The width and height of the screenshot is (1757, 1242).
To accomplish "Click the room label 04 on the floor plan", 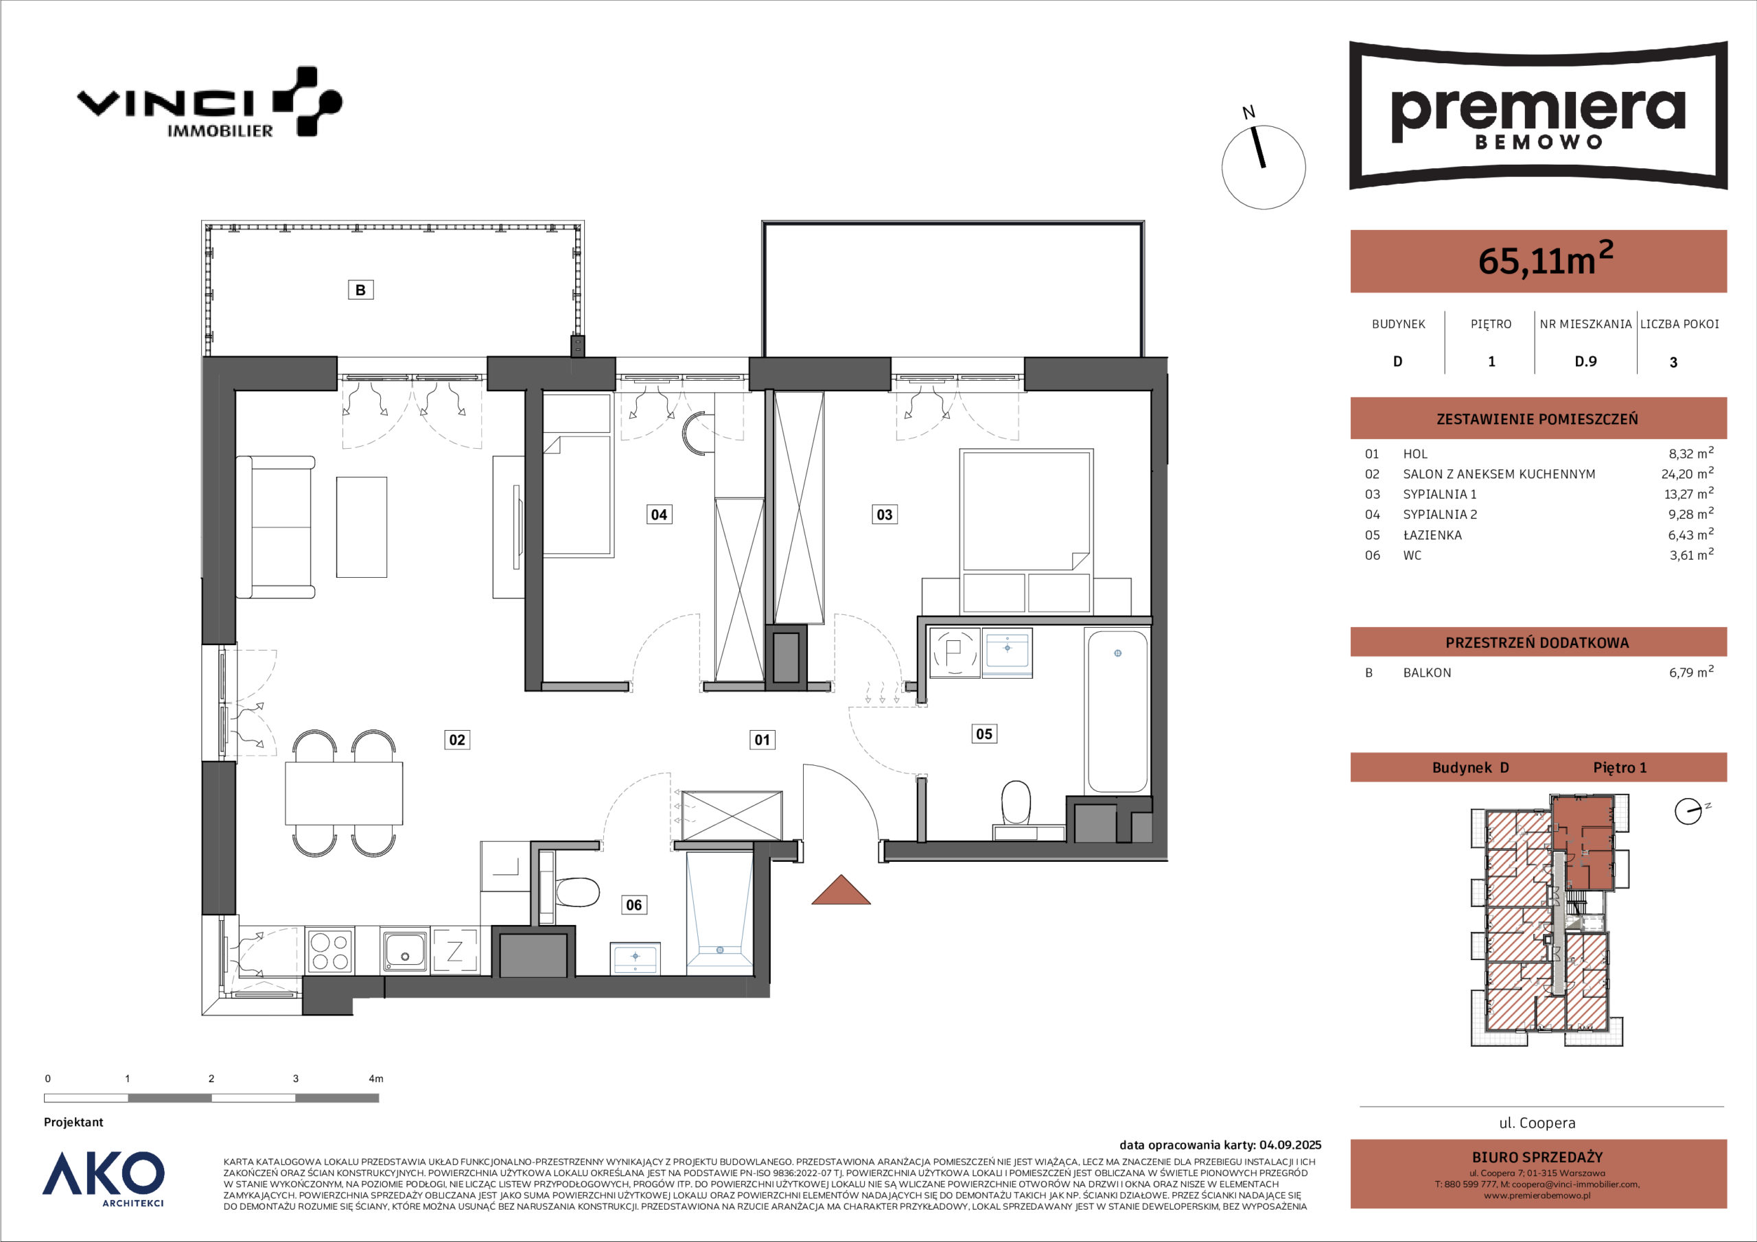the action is click(x=659, y=514).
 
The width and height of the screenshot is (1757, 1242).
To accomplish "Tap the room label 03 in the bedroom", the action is click(x=884, y=514).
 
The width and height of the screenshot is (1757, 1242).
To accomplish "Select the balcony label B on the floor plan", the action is click(x=360, y=290).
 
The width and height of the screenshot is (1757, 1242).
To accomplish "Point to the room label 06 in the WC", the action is click(x=633, y=905).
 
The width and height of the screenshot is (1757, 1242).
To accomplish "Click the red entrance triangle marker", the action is click(x=841, y=891).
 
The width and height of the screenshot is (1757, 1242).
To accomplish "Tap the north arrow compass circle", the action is click(x=1264, y=167).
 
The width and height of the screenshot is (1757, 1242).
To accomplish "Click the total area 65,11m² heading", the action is click(x=1546, y=259).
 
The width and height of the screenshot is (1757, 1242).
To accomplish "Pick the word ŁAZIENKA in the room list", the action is click(x=1432, y=535).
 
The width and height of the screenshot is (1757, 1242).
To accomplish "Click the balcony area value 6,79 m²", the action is click(x=1691, y=672).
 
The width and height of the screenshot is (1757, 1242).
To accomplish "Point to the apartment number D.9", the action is click(x=1585, y=361).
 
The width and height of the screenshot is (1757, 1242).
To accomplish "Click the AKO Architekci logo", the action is click(x=104, y=1177).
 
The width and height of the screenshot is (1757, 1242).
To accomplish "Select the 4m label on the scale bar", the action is click(x=375, y=1079).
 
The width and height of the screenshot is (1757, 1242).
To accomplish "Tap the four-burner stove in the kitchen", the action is click(x=330, y=950).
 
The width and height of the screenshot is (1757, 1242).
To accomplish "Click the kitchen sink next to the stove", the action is click(x=405, y=950).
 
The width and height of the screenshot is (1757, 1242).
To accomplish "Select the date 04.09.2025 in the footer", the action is click(x=1290, y=1145).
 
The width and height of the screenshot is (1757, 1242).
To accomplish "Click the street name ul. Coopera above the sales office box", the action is click(x=1537, y=1123).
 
